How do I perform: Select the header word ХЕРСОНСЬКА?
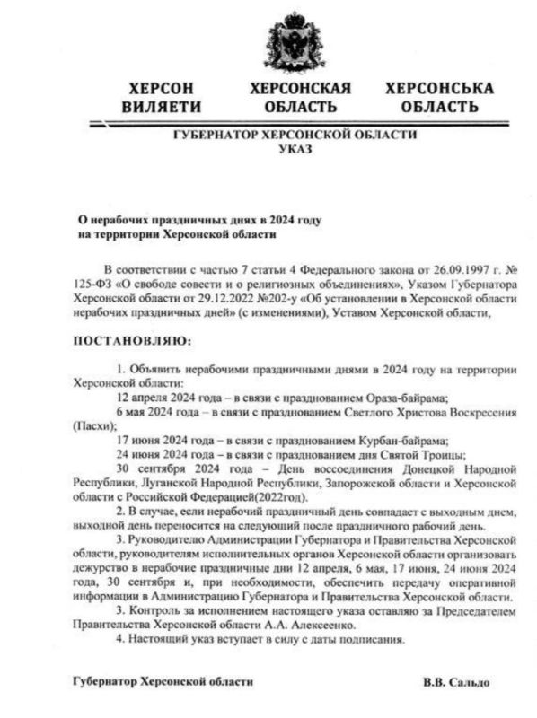(x=438, y=89)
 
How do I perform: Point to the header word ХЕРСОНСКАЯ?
(x=300, y=89)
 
